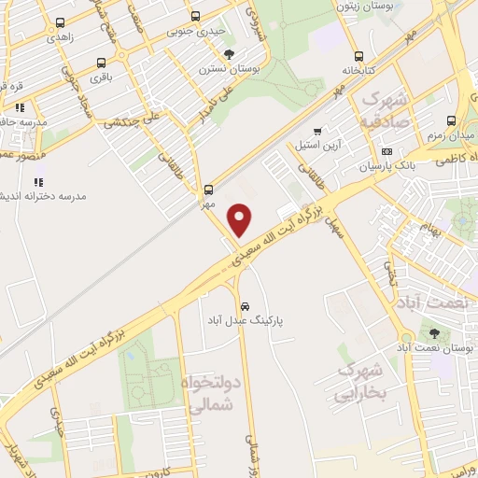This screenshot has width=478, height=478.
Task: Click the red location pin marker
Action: pos(241,219)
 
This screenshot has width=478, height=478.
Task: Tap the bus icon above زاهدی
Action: pos(61,22)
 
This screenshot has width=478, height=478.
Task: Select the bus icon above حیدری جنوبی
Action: pos(195,16)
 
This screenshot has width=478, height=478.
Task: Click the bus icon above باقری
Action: pos(101,63)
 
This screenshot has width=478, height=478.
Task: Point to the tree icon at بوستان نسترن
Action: pos(229,53)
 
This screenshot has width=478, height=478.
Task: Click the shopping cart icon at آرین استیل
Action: pos(318,131)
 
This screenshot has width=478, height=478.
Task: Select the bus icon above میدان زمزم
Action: pos(452,120)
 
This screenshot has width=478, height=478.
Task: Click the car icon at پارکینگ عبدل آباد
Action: pos(245,305)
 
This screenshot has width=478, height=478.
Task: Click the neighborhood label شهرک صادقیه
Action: pos(385,111)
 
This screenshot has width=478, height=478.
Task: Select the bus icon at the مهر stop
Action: pos(208,188)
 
